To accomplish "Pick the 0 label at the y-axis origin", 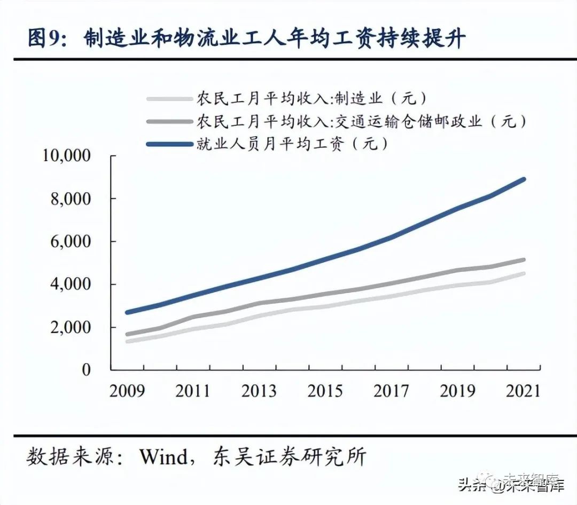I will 87,370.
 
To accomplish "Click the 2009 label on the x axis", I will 127,391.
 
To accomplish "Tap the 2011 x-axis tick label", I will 193,391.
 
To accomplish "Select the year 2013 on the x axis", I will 259,391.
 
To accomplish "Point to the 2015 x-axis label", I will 325,391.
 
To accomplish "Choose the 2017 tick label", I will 392,391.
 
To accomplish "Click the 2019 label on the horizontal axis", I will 457,391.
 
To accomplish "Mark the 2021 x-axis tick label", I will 523,391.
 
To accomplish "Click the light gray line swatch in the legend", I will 169,99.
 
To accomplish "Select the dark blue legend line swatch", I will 169,144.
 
